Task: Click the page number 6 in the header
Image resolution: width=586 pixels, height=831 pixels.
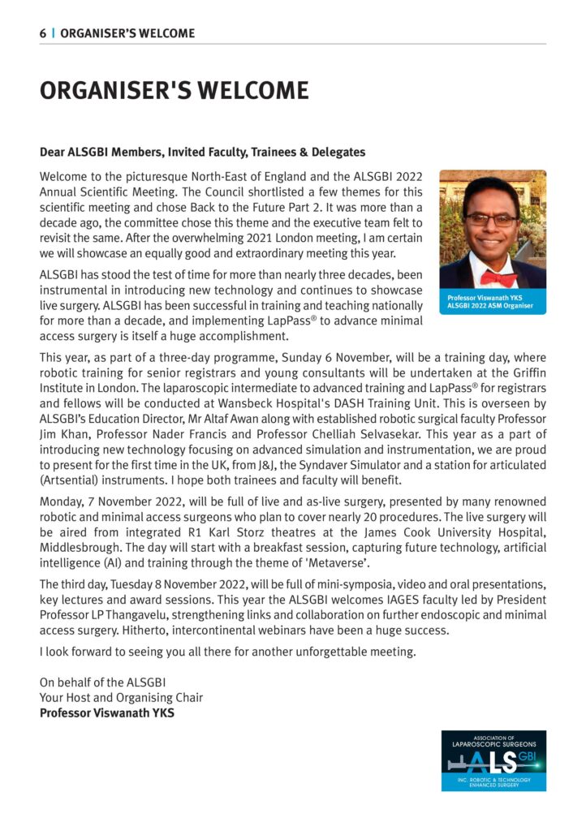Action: click(x=43, y=33)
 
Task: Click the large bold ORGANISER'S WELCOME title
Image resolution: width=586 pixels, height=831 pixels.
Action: click(x=174, y=90)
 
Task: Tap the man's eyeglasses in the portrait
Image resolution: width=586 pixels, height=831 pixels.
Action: click(x=491, y=220)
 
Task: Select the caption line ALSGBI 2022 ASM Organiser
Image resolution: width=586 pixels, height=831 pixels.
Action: click(x=490, y=306)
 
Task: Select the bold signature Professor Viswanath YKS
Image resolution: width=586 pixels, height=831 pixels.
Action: click(x=106, y=714)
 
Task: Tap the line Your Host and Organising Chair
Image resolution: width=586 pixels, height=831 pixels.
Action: click(x=121, y=698)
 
